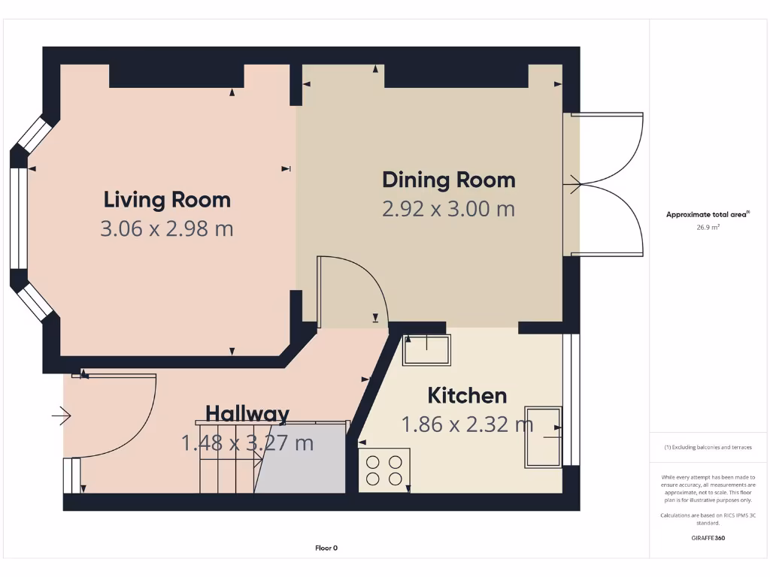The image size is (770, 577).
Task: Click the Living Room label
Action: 167,200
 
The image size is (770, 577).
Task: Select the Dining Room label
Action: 449,180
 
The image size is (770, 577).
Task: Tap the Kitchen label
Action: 467,395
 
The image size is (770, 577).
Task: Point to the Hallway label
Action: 247,413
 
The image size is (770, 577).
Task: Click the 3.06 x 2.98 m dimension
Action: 167,228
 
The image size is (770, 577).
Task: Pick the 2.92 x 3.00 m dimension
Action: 449,209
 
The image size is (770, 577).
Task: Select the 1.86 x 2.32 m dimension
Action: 467,424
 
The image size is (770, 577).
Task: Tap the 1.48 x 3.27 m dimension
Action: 247,443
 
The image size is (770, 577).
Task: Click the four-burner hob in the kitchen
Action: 383,470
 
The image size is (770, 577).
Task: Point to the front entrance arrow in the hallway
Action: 61,415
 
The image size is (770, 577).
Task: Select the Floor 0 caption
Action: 326,548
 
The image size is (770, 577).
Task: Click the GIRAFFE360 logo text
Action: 708,538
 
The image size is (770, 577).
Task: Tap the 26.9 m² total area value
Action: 708,226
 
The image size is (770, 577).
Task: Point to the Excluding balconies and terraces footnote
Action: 708,447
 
